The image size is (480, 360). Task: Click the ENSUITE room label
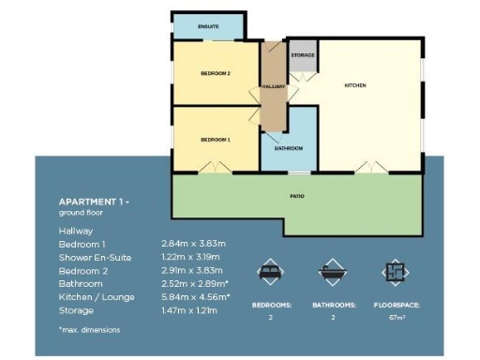coord(207,27)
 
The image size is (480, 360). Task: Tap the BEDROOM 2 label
coord(216,73)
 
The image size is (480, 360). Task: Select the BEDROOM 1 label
coord(216,140)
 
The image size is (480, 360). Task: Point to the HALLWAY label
coord(274,86)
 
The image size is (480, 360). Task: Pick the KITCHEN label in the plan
coord(355,85)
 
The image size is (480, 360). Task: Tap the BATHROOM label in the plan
coord(289,148)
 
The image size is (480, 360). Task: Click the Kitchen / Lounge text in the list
coord(97,297)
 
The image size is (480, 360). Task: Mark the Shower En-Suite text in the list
coord(96,257)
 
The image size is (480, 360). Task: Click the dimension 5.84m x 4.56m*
coord(196,297)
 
